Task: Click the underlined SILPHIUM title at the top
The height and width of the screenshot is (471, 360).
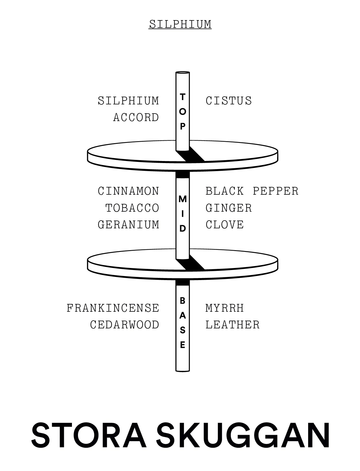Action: coord(180,24)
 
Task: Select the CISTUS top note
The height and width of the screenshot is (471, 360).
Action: coord(228,101)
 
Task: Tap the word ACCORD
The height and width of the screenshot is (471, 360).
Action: coord(136,118)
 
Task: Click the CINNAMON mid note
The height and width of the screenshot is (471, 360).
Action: coord(128,191)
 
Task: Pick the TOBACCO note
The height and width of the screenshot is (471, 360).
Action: coord(132,208)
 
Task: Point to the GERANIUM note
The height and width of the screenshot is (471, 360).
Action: coord(128,225)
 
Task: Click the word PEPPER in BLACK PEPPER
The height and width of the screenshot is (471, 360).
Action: coord(275,191)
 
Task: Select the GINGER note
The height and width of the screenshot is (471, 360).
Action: coord(228,208)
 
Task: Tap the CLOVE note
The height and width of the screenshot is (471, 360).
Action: coord(224,225)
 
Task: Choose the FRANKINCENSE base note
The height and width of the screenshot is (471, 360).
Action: coord(113,308)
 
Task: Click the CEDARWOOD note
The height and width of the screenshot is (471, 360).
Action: coord(124,325)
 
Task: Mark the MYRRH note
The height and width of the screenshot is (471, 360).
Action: coord(224,308)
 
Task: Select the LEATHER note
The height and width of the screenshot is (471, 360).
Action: coord(232,325)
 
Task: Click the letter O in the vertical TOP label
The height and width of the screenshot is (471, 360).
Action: coord(182,112)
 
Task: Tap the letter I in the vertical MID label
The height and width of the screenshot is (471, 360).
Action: coord(182,214)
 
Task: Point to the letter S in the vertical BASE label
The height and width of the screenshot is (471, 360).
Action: coord(182,330)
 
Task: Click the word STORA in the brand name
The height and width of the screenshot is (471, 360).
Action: coord(89,435)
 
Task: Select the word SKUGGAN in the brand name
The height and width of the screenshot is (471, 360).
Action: coord(243,435)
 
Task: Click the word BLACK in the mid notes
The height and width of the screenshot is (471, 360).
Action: coord(224,191)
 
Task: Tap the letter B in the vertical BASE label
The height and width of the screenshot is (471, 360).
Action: coord(182,301)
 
